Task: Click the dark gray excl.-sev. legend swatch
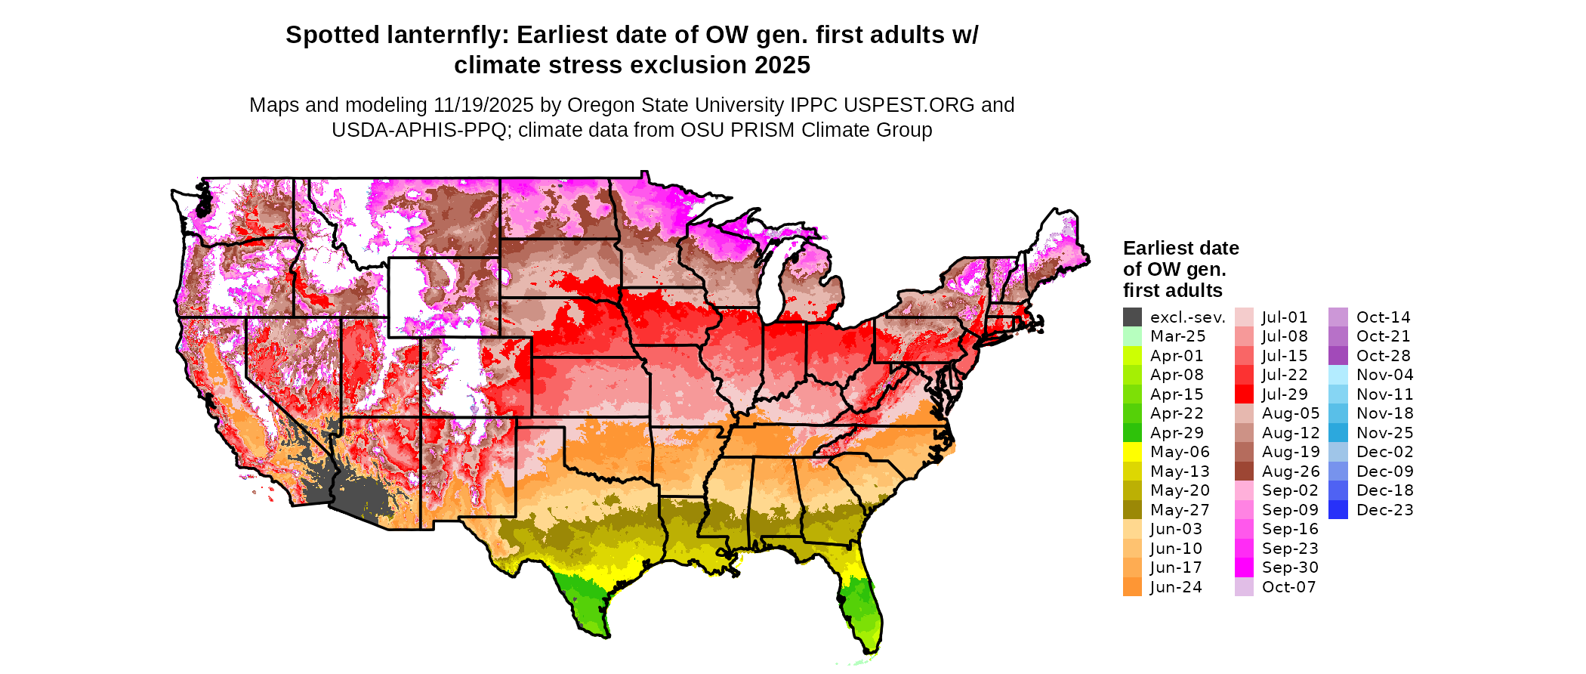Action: point(1132,317)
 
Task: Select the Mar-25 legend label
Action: point(1177,336)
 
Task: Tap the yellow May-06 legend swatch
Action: point(1132,452)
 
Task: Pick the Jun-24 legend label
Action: point(1176,587)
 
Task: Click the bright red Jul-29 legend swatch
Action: point(1244,394)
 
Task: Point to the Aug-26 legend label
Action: point(1291,471)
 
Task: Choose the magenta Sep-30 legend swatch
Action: point(1244,567)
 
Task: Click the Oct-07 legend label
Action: point(1288,587)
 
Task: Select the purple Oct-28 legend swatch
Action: point(1338,356)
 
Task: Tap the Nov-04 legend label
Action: point(1384,375)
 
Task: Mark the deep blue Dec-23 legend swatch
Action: point(1338,510)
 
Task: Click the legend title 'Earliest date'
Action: point(1180,249)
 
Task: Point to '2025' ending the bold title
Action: point(779,66)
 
